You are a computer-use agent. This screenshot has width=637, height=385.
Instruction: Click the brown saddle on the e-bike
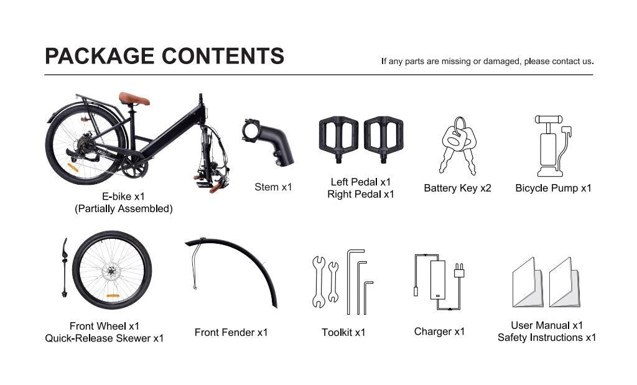(x=134, y=99)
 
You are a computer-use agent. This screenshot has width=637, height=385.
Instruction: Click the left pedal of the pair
(x=338, y=138)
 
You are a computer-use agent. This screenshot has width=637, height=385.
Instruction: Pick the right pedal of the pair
(x=383, y=138)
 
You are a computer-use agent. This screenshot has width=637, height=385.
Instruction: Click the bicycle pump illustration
(x=551, y=147)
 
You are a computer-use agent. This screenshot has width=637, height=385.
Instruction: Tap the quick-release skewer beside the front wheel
(x=65, y=267)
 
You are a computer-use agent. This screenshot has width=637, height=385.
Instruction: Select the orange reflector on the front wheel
(x=113, y=296)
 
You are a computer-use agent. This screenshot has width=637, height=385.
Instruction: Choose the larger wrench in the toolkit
(x=318, y=282)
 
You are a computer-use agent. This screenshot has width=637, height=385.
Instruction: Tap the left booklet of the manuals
(x=527, y=283)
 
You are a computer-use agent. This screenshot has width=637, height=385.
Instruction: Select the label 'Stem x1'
(x=272, y=187)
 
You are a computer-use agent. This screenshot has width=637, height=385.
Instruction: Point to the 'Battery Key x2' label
(x=457, y=188)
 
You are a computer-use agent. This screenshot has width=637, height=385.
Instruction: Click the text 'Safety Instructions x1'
(x=546, y=338)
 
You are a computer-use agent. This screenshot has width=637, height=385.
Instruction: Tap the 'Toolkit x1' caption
(x=343, y=332)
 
